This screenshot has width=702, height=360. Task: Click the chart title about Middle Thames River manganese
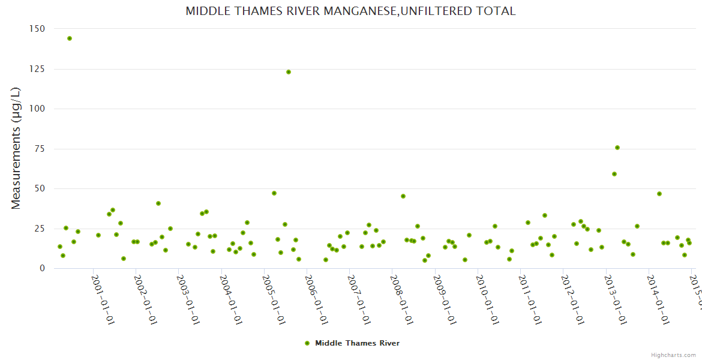pos(350,11)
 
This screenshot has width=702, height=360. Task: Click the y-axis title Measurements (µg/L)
pos(16,148)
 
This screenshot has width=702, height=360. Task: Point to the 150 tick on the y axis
pos(37,29)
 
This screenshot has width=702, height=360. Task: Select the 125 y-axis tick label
pos(37,69)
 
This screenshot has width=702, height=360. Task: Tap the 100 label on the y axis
pos(37,109)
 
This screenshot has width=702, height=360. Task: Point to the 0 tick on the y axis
pos(42,268)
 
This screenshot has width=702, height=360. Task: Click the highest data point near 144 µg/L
pos(70,38)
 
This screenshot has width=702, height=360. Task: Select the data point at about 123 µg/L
pos(289,72)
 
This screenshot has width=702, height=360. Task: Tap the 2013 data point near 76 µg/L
pos(617,148)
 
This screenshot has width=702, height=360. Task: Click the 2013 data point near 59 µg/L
pos(614,174)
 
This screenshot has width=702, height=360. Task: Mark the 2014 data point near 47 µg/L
pos(659,194)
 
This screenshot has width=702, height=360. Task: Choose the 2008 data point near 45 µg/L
pos(403,196)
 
